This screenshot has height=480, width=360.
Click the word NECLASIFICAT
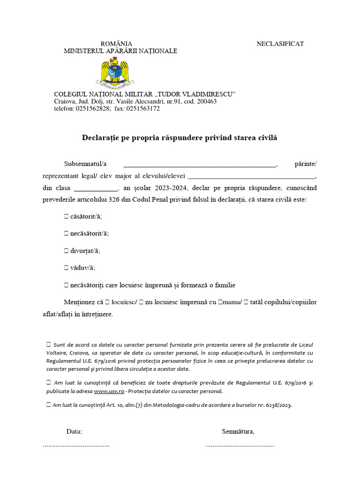pyautogui.click(x=280, y=44)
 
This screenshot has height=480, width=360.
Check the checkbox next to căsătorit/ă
pyautogui.click(x=66, y=217)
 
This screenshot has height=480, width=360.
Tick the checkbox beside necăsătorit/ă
pyautogui.click(x=66, y=233)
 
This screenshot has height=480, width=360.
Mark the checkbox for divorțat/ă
pyautogui.click(x=66, y=251)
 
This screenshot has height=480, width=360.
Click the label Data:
pyautogui.click(x=74, y=431)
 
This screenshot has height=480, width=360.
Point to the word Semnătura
pyautogui.click(x=238, y=431)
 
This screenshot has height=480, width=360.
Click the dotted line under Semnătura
pyautogui.click(x=240, y=445)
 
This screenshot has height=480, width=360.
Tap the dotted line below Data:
pyautogui.click(x=76, y=445)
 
